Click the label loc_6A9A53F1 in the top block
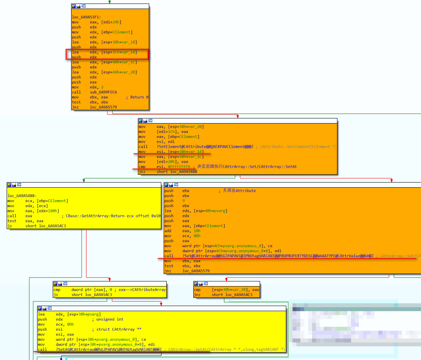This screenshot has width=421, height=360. coord(86,17)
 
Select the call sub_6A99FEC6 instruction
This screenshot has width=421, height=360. coord(94,92)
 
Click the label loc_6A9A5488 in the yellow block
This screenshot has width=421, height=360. coord(21,195)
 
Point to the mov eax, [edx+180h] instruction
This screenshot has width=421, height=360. coord(37,211)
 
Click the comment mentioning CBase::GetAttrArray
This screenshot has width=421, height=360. coord(111,216)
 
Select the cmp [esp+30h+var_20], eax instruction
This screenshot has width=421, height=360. coord(226,290)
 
